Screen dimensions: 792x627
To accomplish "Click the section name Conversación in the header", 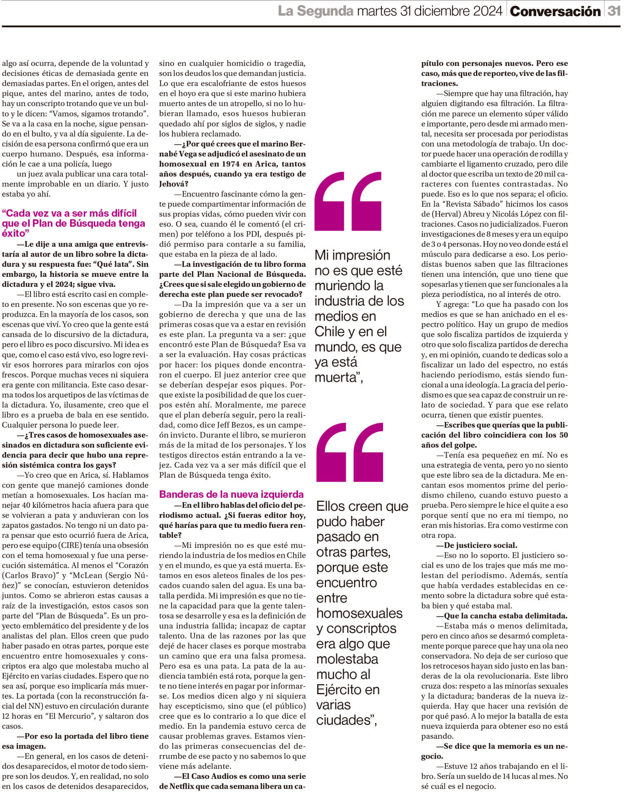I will coord(555,12).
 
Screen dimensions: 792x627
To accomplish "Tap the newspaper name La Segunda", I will coord(315,11).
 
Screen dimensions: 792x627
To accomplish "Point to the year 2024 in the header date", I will coord(482,11).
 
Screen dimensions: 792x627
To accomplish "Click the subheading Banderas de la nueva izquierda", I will coord(231,494).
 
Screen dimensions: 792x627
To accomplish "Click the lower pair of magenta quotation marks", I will coord(349,452).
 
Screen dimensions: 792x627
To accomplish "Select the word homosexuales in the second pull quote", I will coord(359,613).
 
